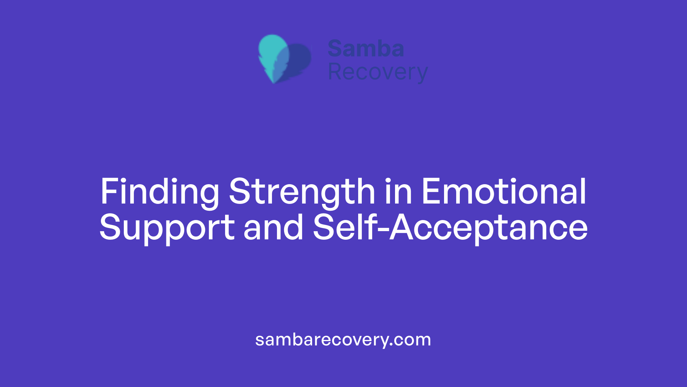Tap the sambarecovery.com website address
343,340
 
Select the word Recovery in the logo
377,72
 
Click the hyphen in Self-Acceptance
383,228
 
